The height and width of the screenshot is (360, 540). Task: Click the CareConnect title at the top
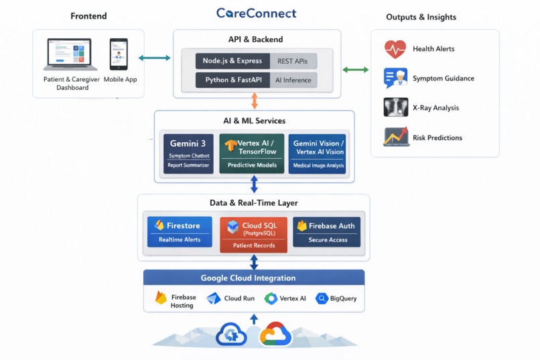pos(256,13)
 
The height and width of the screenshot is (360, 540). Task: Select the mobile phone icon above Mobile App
pos(119,54)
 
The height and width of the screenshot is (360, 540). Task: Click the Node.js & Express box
pos(232,61)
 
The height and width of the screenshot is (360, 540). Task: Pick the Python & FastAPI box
pos(232,80)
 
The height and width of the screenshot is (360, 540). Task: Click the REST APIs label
pos(293,61)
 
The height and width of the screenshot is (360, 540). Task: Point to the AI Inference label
pos(293,80)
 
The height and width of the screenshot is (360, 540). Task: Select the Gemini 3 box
pos(189,154)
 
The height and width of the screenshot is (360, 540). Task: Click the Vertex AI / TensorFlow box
pos(251,154)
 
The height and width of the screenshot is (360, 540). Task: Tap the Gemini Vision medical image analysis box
pos(317,154)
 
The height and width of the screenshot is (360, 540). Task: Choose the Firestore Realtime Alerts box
pos(179,232)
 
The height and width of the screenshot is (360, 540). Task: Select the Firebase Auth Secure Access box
pos(327,232)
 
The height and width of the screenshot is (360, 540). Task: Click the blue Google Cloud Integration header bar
pos(254,278)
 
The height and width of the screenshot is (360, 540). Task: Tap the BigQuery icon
pos(322,299)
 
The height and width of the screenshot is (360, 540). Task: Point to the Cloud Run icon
pos(214,299)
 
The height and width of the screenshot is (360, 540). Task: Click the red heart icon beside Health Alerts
pos(395,49)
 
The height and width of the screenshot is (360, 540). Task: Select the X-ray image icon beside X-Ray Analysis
pos(395,107)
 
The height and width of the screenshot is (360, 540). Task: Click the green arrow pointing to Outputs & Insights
pos(355,70)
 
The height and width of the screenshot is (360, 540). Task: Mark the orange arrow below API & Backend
pos(254,101)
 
